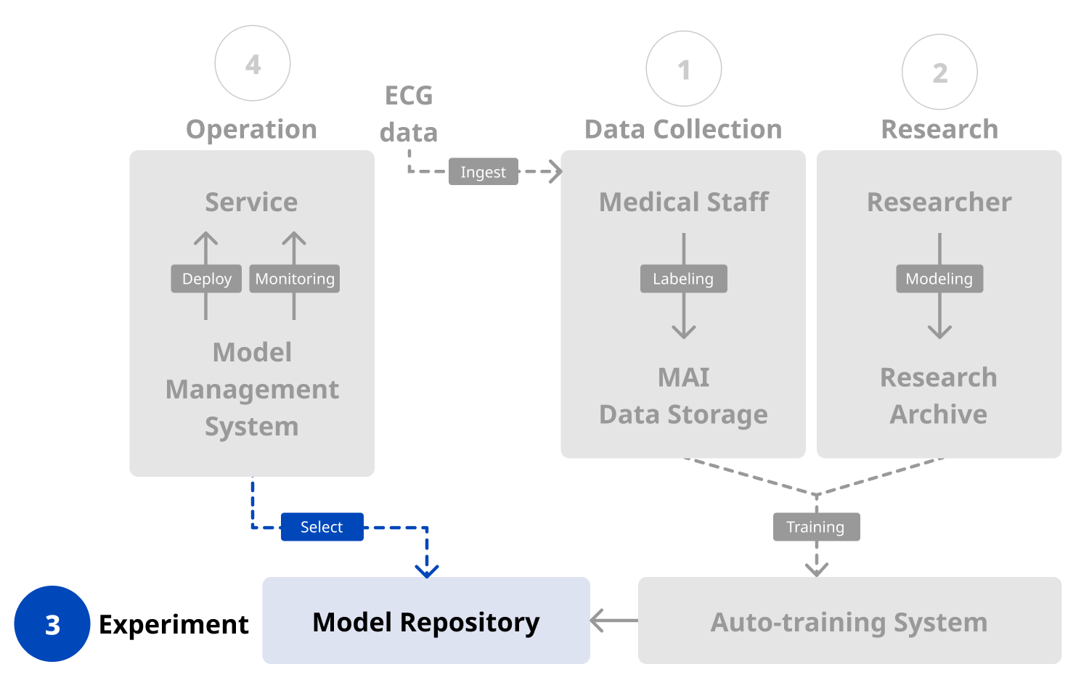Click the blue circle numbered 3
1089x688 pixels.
point(52,624)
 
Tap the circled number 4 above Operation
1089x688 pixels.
point(253,64)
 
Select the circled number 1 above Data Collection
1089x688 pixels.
point(684,69)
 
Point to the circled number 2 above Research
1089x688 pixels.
point(939,72)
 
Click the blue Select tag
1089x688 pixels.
point(322,527)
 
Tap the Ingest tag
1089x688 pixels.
point(483,172)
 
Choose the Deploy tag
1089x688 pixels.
point(206,279)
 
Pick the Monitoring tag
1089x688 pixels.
point(295,279)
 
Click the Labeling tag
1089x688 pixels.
point(683,279)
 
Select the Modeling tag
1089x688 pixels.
point(939,279)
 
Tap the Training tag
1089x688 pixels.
point(816,527)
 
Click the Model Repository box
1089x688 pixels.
point(426,621)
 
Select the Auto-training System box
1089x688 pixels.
point(849,621)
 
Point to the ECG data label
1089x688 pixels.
point(409,114)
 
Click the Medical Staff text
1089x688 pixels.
point(683,202)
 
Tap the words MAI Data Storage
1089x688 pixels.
point(683,396)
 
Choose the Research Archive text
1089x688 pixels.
point(939,396)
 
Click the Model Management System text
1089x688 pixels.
point(252,389)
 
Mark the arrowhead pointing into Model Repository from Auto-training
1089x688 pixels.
point(597,621)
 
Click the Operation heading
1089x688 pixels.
point(252,129)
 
